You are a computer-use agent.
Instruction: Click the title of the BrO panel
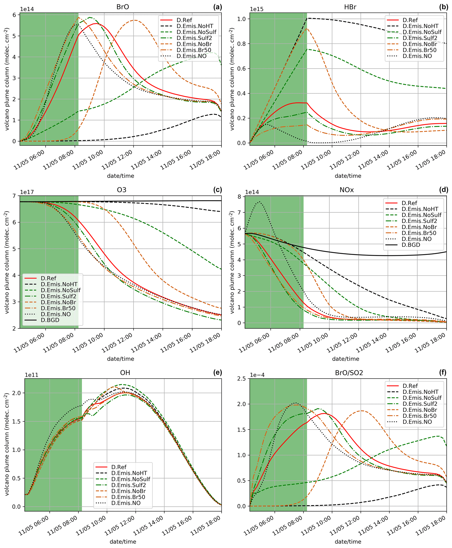click(x=123, y=7)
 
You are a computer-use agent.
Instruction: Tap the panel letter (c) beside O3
click(x=217, y=190)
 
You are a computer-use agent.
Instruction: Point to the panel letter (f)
click(x=443, y=373)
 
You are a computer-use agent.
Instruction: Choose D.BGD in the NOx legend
click(x=411, y=245)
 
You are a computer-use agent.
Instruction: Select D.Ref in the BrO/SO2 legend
click(x=410, y=386)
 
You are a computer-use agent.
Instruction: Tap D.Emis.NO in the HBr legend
click(x=417, y=56)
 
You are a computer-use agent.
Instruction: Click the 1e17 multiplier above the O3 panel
click(x=27, y=192)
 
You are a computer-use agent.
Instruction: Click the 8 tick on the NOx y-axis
click(x=239, y=197)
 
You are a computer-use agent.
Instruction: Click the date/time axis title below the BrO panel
click(x=120, y=176)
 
